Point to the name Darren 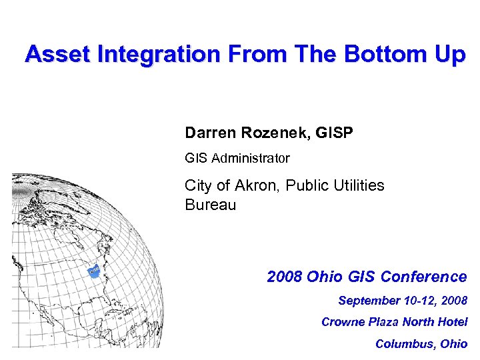point(210,133)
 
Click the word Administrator point(249,159)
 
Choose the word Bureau point(210,205)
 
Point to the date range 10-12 point(421,301)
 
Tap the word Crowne point(343,322)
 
